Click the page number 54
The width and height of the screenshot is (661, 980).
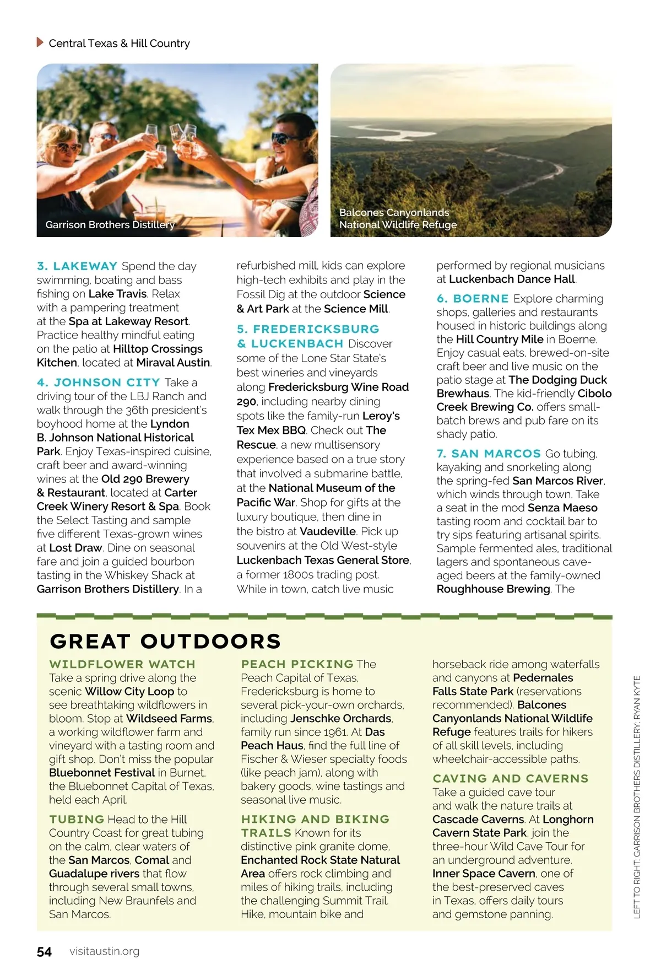[44, 952]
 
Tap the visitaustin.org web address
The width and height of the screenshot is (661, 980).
[105, 951]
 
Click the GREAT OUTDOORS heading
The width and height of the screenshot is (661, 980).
[165, 641]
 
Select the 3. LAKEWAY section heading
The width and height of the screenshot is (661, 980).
[77, 266]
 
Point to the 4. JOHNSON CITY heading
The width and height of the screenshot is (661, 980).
[99, 383]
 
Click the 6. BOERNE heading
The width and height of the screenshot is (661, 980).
[473, 299]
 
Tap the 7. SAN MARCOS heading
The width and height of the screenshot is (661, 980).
[489, 454]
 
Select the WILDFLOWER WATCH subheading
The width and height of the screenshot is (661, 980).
[122, 664]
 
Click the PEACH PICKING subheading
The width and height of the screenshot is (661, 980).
[297, 664]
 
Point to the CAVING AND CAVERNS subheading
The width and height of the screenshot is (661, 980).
[511, 778]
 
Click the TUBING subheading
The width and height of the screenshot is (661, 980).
[77, 819]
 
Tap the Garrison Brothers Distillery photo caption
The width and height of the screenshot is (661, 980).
[110, 225]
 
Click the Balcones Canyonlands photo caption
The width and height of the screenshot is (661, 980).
[398, 218]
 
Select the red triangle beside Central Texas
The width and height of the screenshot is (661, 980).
[40, 42]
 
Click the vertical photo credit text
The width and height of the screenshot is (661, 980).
[637, 796]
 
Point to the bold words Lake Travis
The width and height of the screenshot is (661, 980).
[117, 294]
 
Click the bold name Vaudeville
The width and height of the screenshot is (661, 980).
[328, 531]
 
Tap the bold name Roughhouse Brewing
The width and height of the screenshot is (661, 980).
[493, 589]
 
